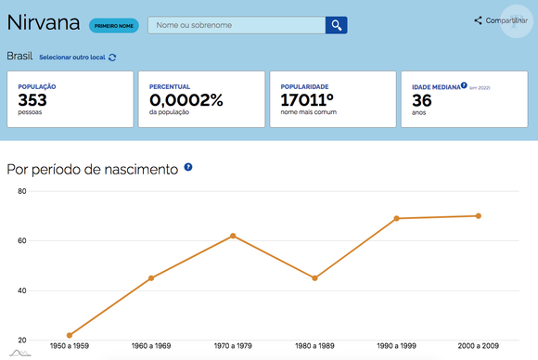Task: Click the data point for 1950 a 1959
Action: (70, 335)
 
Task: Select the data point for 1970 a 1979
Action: (233, 236)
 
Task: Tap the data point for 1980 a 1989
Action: (314, 278)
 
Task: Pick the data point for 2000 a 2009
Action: (479, 216)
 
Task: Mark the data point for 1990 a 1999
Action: (397, 218)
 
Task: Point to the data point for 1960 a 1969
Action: (151, 278)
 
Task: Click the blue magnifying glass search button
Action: (336, 25)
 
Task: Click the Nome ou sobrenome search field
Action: (237, 25)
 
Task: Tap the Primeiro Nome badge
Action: (114, 26)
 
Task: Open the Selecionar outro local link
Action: (72, 58)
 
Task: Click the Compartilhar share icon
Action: (478, 20)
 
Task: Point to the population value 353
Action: (32, 100)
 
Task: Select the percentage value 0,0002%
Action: (186, 100)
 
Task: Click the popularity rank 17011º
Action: (307, 100)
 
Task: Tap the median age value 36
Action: (422, 100)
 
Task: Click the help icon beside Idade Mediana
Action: (464, 85)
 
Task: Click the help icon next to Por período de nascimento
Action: (188, 167)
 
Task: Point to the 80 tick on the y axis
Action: (22, 191)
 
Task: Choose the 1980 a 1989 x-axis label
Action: (314, 346)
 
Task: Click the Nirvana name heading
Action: (44, 22)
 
